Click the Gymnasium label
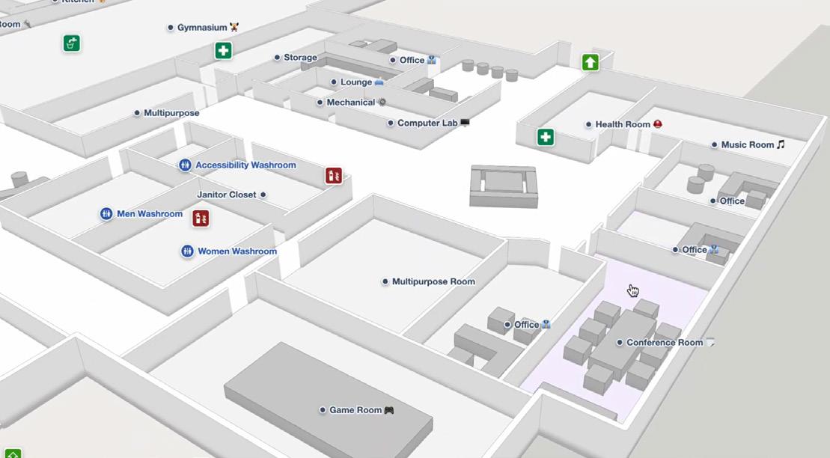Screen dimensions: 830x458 (201, 28)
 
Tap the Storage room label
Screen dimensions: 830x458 (300, 58)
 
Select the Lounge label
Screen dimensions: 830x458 (356, 82)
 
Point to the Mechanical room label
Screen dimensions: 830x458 (350, 103)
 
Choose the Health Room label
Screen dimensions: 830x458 (623, 124)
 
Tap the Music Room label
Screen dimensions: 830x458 (747, 144)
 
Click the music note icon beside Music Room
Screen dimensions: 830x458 (781, 144)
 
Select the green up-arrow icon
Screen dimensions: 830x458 (591, 62)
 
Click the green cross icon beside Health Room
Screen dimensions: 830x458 (546, 137)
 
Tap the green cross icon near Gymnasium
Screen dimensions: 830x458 (223, 51)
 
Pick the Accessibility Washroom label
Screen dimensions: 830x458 (245, 165)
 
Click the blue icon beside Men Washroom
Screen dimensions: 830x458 (106, 214)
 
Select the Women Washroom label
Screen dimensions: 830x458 (237, 251)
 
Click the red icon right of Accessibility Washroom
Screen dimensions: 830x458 (334, 176)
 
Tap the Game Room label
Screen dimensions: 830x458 (356, 410)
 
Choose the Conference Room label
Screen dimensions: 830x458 (664, 343)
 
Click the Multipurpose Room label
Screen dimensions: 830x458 (433, 282)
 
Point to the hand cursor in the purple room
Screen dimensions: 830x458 (633, 290)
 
